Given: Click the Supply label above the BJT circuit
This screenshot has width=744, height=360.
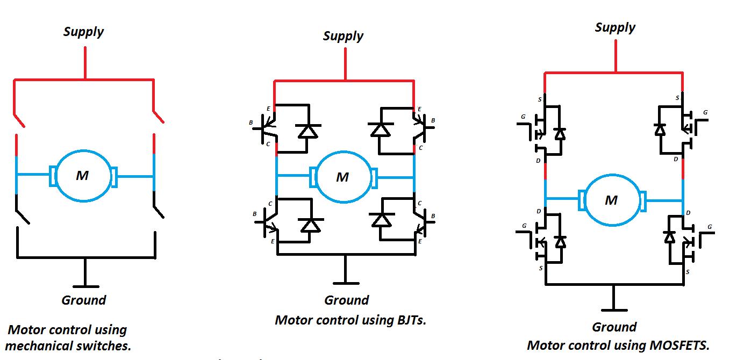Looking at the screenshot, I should [343, 36].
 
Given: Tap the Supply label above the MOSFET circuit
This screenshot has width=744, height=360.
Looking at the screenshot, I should [615, 27].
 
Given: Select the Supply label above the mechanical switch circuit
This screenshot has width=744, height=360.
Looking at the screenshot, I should [83, 32].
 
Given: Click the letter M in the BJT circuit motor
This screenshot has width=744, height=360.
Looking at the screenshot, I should [342, 177].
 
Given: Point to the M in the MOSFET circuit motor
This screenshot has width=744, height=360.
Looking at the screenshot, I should [611, 200].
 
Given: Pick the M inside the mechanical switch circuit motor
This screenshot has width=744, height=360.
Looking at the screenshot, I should [82, 175].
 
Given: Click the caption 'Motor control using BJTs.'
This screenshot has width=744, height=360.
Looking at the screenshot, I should [350, 320].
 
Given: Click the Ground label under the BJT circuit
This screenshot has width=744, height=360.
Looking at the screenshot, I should [347, 300].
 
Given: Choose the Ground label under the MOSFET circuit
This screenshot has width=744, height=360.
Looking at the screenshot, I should [614, 327].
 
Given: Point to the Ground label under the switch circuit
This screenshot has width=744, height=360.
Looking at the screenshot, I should [83, 300].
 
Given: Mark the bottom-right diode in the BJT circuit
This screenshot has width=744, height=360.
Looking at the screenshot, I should [382, 219].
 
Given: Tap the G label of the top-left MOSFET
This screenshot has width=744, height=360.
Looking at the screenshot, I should [523, 116].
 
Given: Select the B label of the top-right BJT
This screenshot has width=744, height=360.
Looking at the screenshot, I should [433, 121].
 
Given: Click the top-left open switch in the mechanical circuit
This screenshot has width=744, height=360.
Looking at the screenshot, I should [19, 119].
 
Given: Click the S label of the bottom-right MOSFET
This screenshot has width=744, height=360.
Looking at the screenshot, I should [688, 272].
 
